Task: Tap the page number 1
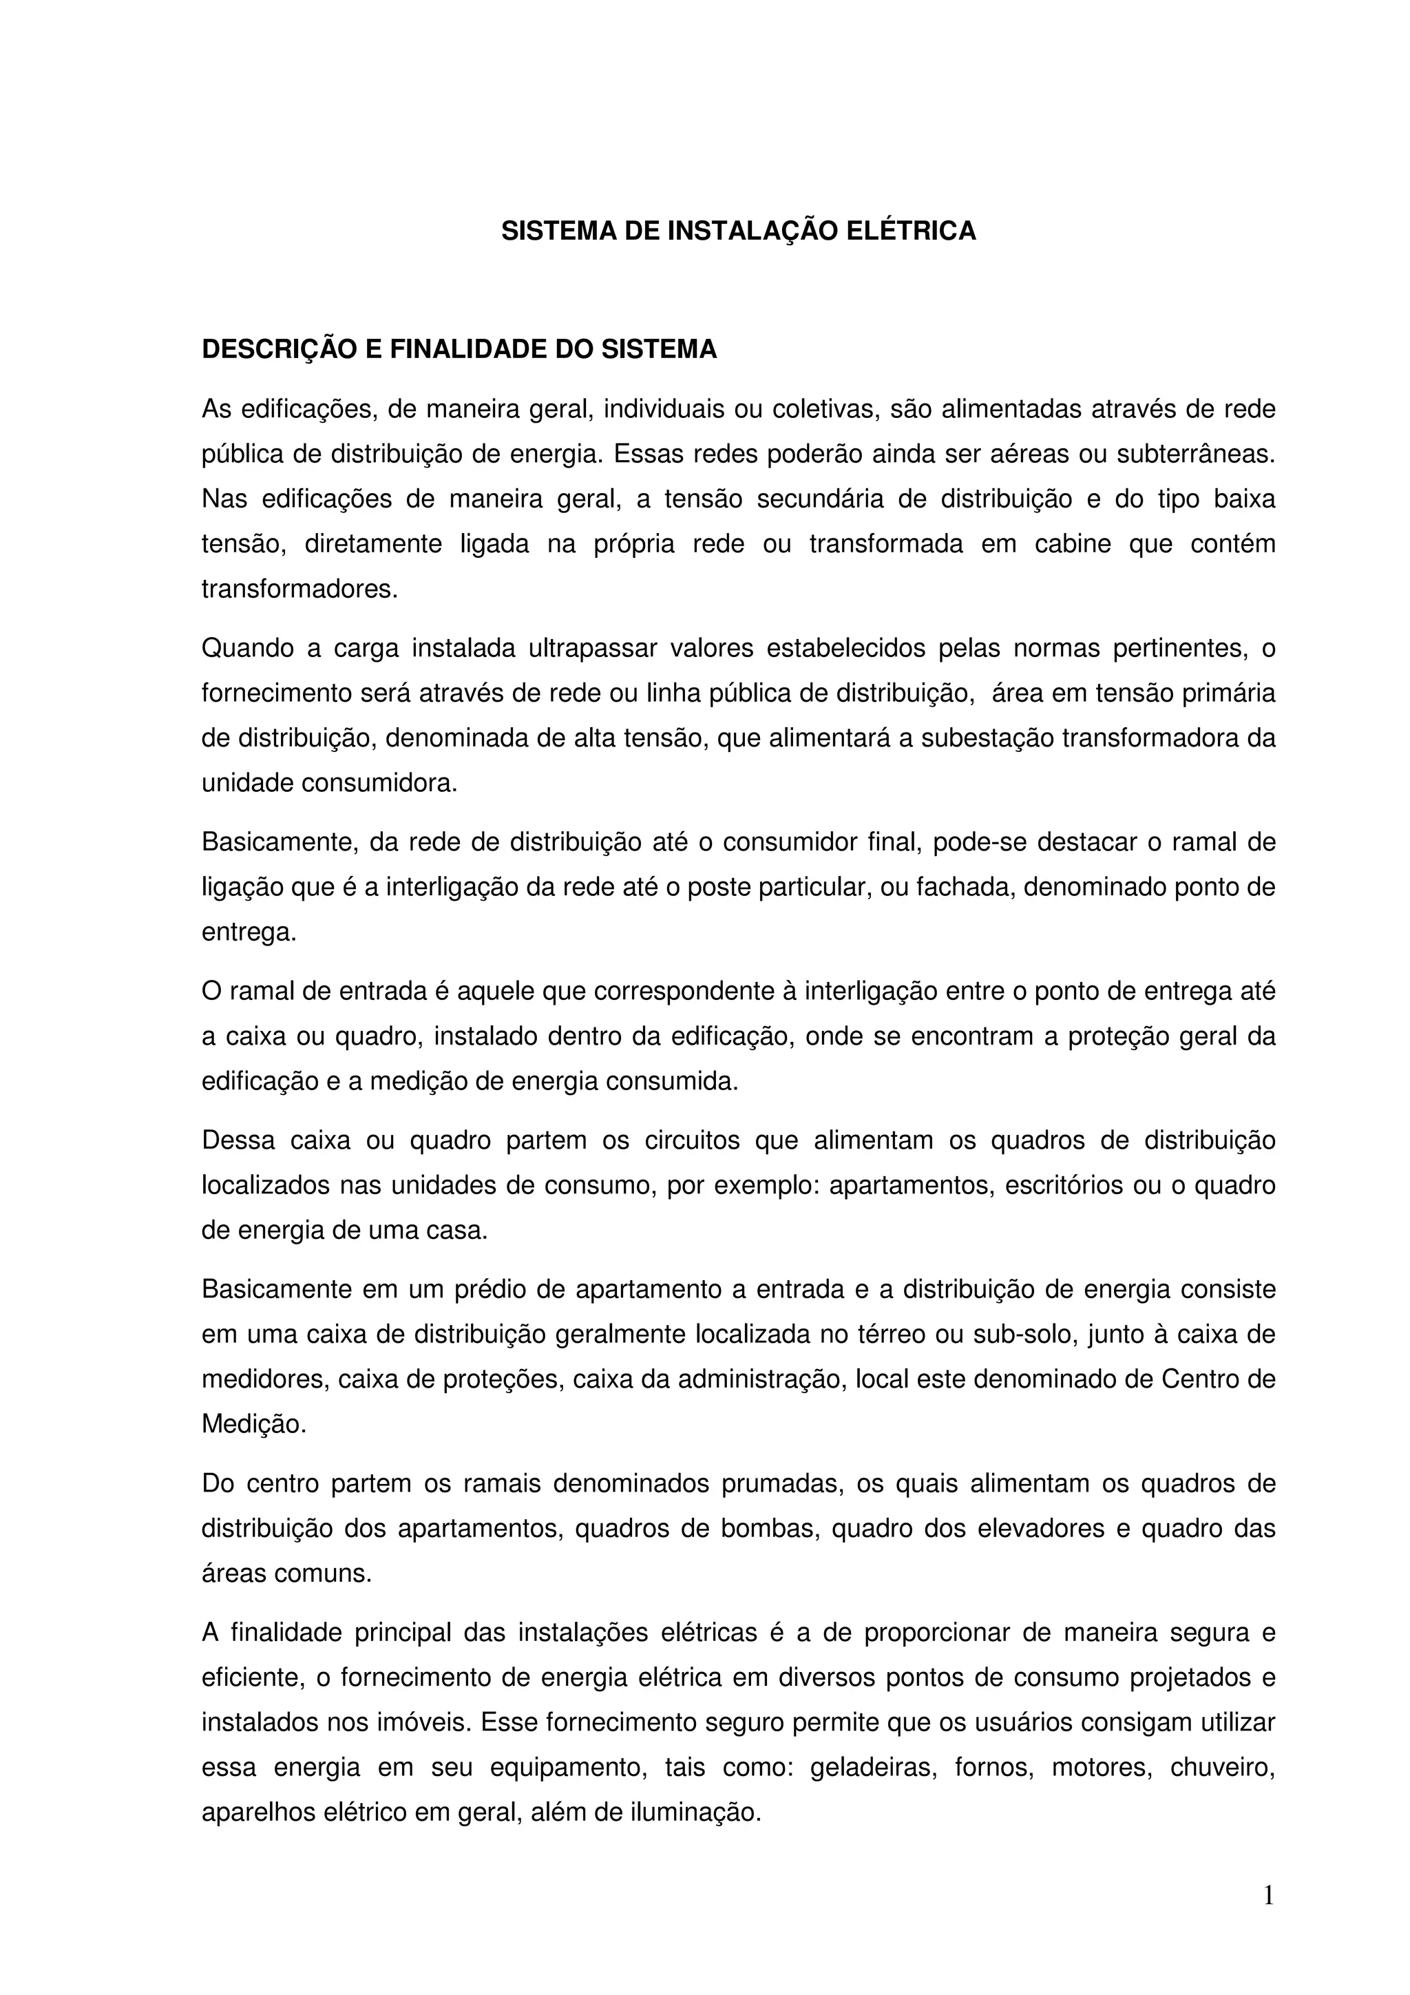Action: point(1268,1895)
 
